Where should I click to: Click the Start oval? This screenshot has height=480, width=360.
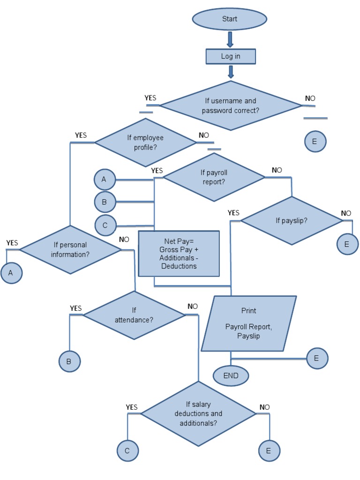coord(229,19)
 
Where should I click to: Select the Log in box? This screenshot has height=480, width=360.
coord(231,56)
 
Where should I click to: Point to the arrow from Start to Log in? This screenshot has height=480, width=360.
coord(230,39)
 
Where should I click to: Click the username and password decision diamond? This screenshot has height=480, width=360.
coord(231,105)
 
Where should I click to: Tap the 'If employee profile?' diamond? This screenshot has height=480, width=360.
coord(145,142)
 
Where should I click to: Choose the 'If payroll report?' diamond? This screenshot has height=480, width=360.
coord(214,177)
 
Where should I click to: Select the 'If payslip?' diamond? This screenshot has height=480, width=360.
coord(292,220)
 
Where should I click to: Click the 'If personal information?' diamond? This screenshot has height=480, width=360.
coord(70,249)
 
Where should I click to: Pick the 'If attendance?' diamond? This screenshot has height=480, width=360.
coord(134,315)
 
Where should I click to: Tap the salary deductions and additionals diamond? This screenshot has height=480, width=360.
coord(198,413)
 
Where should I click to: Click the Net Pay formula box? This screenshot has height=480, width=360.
coord(179,253)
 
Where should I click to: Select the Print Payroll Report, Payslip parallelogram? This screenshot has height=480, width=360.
coord(248,323)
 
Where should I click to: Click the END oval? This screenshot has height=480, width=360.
coord(231,375)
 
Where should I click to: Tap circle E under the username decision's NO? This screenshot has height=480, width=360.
coord(315,141)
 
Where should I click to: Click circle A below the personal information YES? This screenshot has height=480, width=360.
coord(11,273)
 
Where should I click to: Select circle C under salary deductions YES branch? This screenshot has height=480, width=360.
coord(127,451)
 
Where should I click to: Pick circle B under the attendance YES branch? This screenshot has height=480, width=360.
coord(69,361)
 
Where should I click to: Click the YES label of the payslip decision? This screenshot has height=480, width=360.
coord(233,213)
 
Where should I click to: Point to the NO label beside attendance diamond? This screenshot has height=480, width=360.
coord(193,306)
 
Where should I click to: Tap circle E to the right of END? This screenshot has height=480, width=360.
coord(317,358)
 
